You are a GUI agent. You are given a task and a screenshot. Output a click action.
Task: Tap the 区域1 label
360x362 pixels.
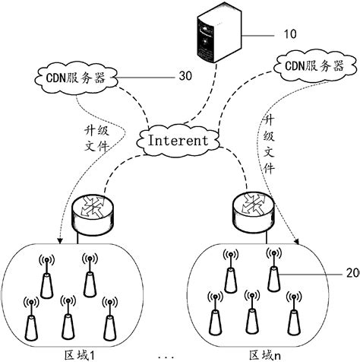coord(80,354)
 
